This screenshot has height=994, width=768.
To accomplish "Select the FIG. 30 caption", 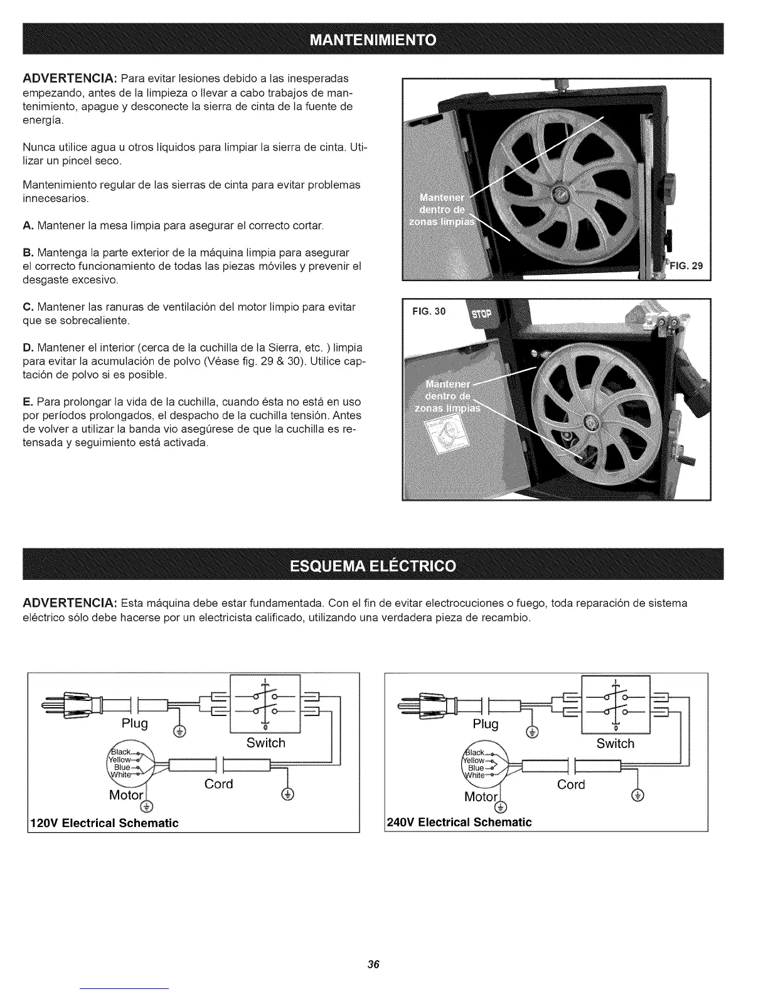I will (429, 311).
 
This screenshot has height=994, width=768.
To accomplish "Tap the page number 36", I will (375, 965).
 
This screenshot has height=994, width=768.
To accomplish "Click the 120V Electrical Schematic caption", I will (104, 823).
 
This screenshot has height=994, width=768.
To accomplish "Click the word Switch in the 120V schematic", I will (265, 743).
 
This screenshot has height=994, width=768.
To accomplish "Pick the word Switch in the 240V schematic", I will (616, 744).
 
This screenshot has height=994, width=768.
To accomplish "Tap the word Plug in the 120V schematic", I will (135, 724).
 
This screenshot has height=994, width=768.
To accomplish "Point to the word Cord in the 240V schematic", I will (571, 784).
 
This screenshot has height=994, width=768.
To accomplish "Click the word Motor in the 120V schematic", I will (127, 796).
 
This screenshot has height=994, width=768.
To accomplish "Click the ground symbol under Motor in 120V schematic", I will (149, 807).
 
